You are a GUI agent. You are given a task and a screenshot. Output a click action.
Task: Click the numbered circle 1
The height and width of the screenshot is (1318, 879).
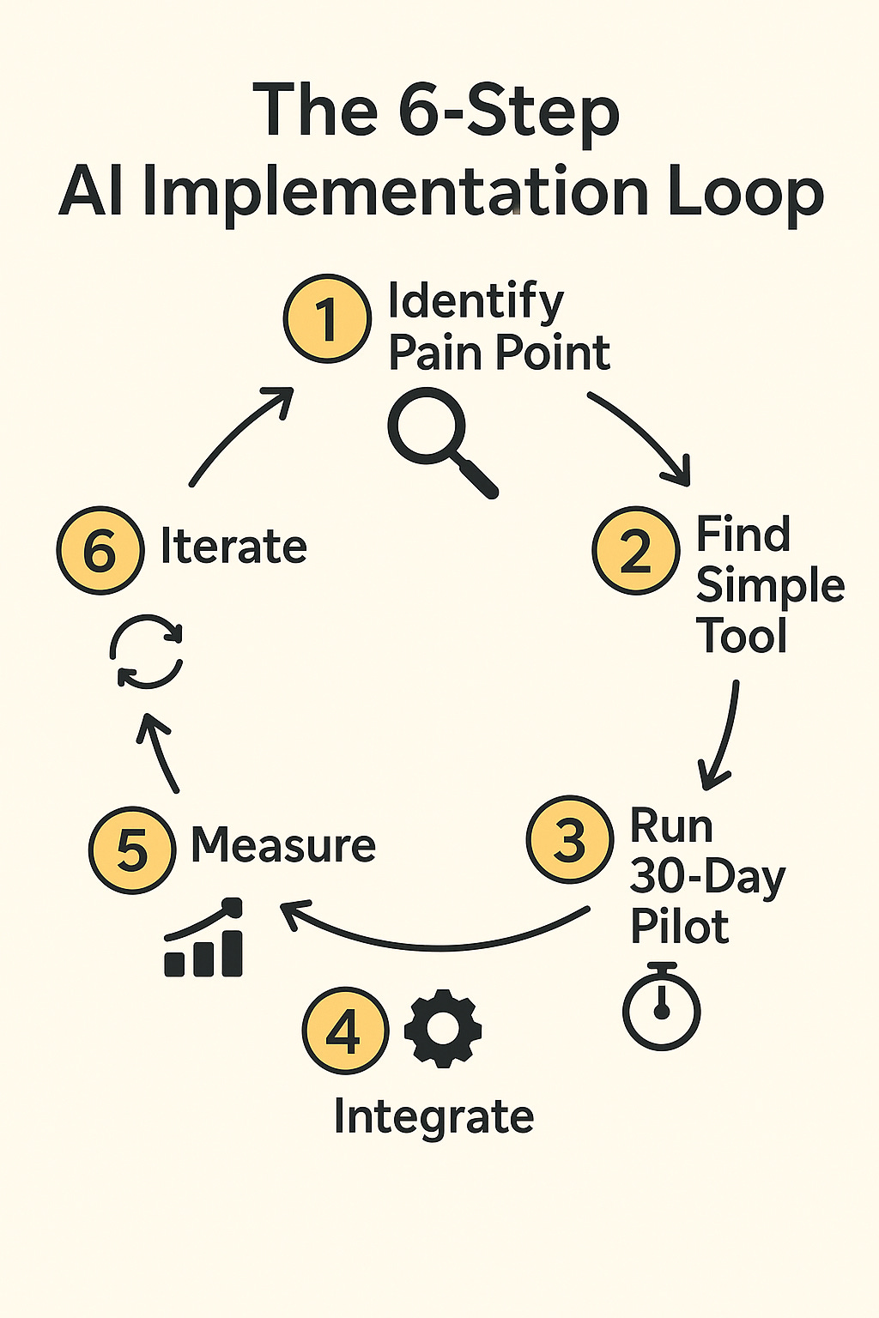[327, 318]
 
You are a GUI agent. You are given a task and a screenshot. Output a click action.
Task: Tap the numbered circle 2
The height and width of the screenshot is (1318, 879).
[635, 551]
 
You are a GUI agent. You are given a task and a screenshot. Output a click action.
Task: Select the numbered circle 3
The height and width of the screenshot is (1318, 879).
[569, 839]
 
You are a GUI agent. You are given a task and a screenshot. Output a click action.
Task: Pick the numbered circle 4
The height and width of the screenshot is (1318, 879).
[344, 1031]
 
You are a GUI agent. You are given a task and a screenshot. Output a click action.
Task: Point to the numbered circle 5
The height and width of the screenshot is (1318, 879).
[132, 849]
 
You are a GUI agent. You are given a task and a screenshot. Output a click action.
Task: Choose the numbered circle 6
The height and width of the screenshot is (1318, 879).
[100, 550]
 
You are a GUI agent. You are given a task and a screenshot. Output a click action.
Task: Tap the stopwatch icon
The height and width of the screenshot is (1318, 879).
[661, 1006]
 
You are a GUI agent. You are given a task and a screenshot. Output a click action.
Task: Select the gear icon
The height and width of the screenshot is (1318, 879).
[443, 1029]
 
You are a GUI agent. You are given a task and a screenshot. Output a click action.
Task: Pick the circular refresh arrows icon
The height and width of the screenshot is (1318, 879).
[147, 651]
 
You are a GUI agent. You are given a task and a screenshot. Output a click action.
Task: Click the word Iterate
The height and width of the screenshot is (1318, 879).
[233, 547]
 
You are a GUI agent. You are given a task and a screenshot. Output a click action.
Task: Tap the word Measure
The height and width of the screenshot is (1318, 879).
[283, 845]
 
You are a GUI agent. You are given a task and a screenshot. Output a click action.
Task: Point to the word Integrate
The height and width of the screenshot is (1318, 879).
[433, 1116]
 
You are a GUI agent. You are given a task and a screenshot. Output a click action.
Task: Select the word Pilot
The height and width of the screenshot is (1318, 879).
[679, 927]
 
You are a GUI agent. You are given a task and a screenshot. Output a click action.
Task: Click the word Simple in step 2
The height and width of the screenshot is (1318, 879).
[770, 587]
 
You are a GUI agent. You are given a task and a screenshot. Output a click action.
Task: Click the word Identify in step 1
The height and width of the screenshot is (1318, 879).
[476, 303]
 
